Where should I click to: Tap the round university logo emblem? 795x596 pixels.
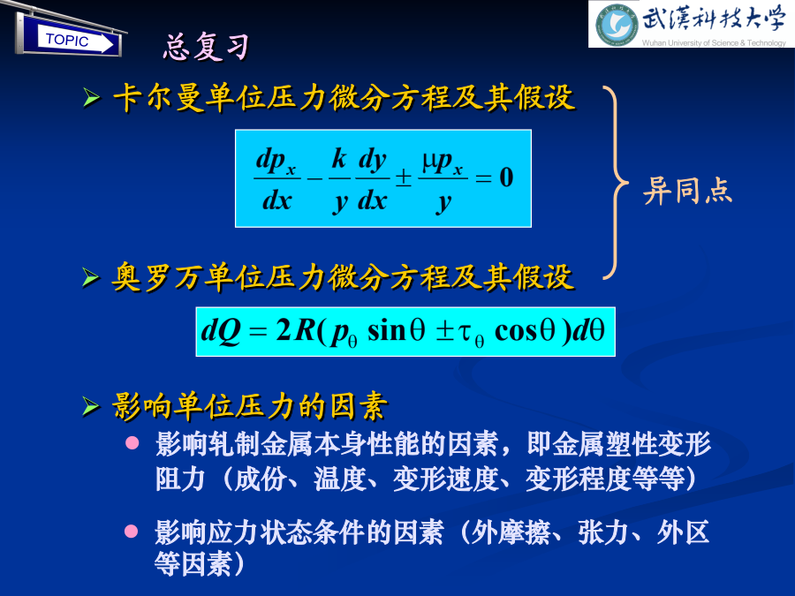point(617,25)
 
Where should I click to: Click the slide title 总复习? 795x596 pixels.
point(206,47)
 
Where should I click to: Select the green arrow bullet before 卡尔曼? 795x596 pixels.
point(91,97)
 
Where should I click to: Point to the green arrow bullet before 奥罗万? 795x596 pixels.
point(91,277)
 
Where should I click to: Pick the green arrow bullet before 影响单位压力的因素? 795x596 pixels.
point(91,406)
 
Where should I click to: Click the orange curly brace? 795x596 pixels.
point(616,183)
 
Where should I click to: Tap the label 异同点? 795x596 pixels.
point(687,191)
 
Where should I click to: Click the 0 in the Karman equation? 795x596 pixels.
point(506,177)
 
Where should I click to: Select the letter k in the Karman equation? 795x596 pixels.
point(339,159)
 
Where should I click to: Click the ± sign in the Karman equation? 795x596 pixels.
point(404,177)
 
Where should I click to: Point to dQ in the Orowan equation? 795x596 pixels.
point(221,331)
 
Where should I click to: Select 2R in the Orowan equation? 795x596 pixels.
point(296,330)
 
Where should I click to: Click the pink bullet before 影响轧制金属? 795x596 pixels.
point(132,443)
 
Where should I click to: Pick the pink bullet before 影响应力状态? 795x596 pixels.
point(132,532)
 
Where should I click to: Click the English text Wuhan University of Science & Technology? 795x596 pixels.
point(714,43)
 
